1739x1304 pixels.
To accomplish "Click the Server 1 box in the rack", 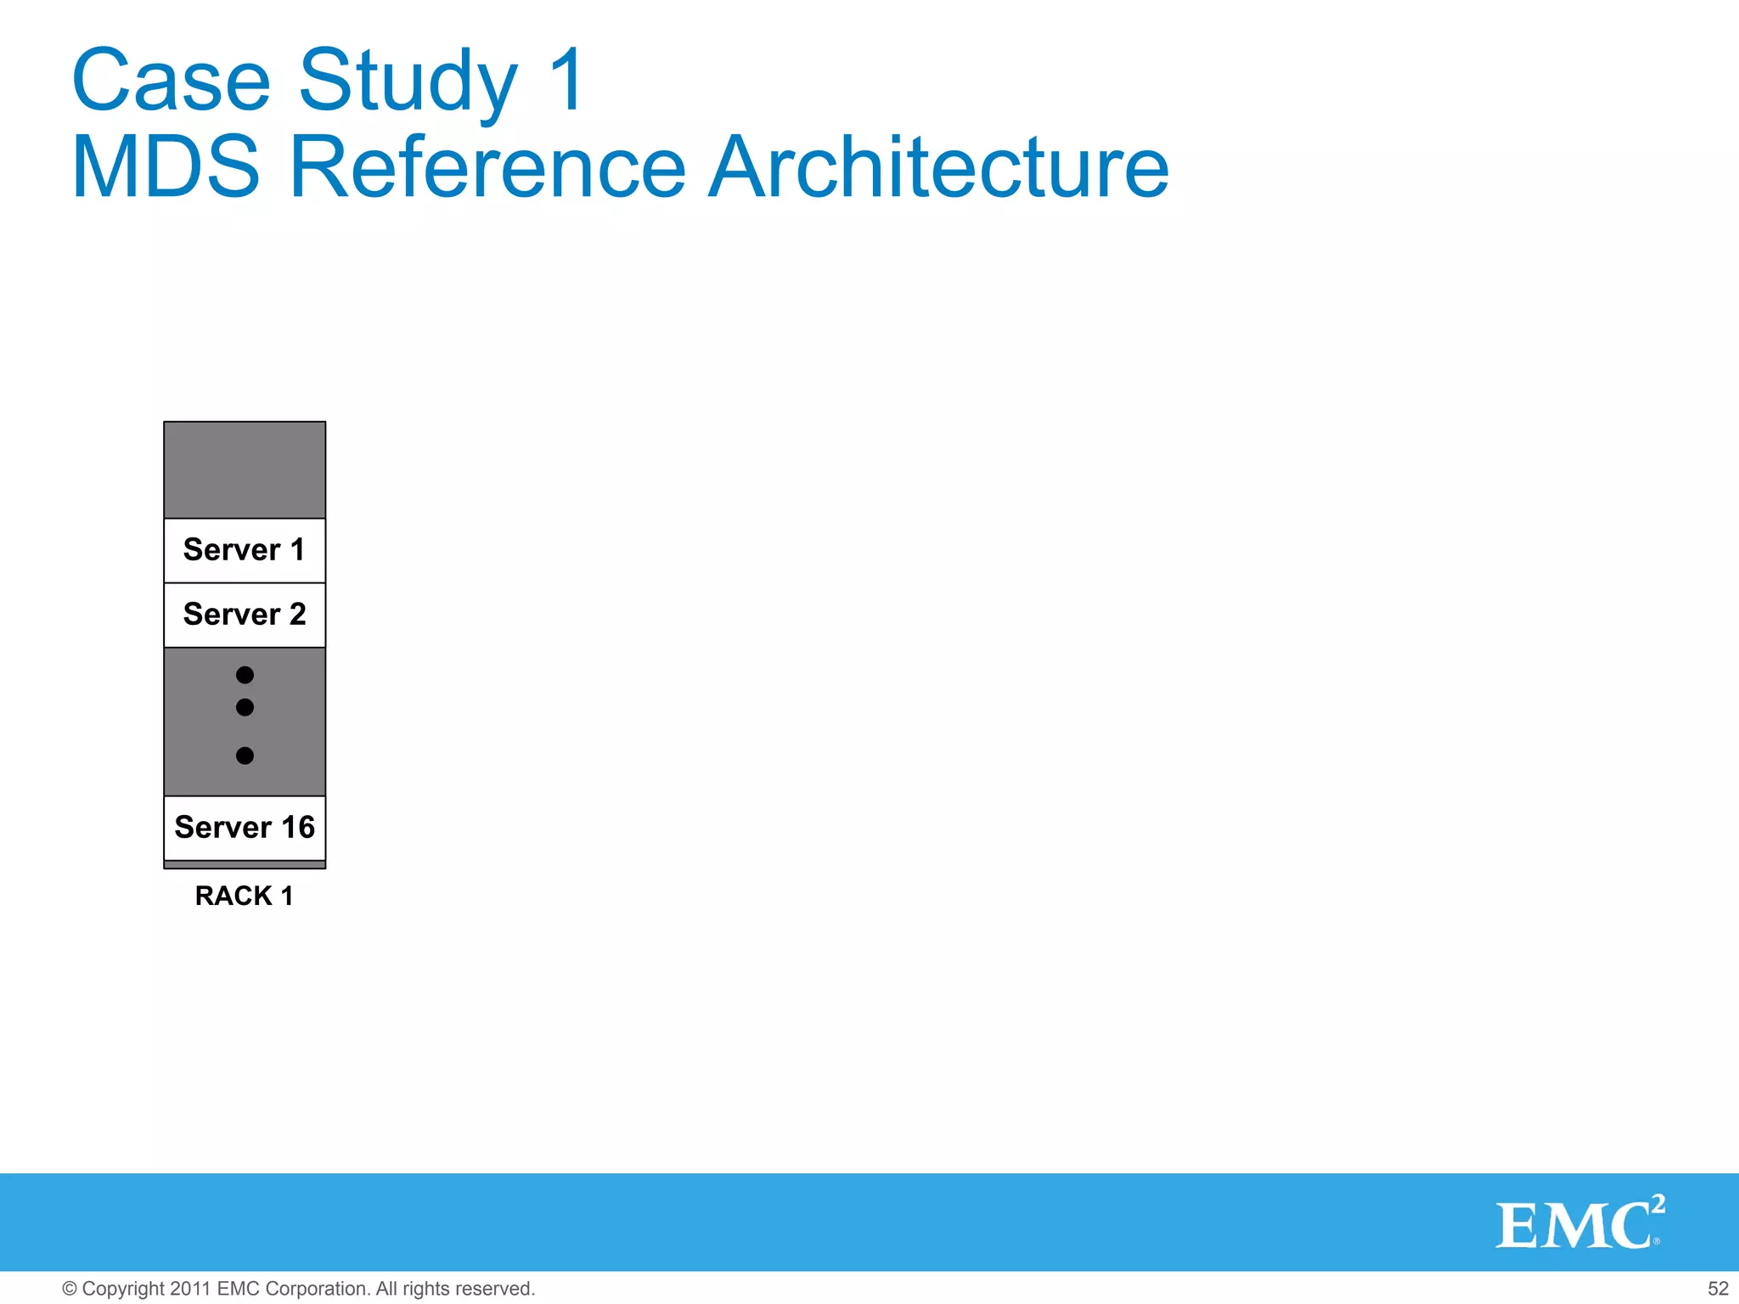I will point(245,550).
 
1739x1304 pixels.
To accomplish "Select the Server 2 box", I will point(245,615).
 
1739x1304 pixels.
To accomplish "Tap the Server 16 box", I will point(245,828).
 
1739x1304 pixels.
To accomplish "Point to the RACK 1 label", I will point(245,896).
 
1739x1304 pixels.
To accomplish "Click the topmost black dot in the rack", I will point(245,675).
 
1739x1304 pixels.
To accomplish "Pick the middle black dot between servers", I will point(245,707).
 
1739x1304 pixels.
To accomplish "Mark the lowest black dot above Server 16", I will point(245,756).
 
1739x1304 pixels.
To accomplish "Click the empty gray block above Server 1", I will point(245,469).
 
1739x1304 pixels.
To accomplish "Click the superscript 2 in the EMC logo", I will point(1657,1204).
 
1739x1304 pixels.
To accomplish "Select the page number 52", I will point(1717,1289).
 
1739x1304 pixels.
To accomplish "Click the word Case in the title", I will point(171,80).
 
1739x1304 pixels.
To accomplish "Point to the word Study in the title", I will point(408,81).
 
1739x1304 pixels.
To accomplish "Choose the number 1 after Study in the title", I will point(567,80).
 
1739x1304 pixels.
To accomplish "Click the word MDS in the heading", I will point(166,167).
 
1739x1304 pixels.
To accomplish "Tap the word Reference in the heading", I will point(487,167).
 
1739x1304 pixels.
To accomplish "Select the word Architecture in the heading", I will point(938,167).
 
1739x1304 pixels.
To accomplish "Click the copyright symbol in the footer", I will point(70,1289).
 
